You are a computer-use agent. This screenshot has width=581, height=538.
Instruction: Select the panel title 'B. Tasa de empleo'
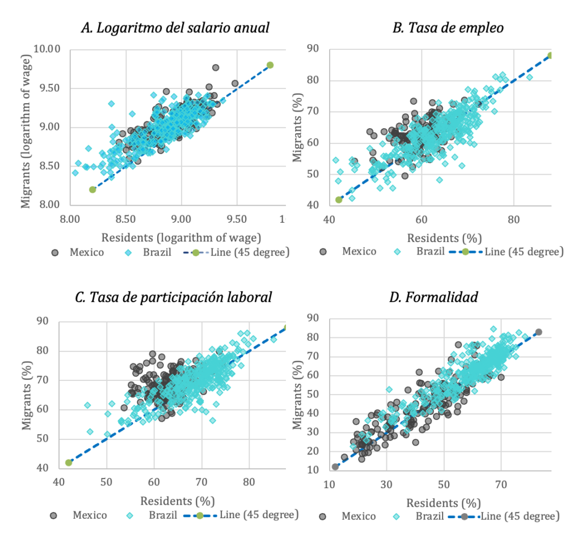448,28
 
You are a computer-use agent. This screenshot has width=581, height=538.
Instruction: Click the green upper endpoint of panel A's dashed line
270,65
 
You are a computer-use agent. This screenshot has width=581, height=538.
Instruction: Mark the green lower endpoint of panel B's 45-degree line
339,200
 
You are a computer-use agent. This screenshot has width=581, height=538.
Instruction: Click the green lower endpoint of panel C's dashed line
69,463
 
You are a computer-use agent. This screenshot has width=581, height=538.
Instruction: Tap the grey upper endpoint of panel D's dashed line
538,332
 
